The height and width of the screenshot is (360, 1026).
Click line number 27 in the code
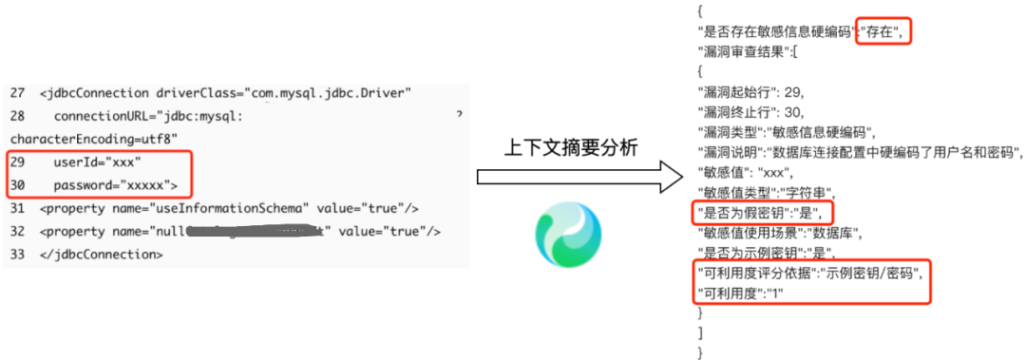click(18, 93)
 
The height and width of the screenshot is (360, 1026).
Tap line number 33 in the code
click(18, 255)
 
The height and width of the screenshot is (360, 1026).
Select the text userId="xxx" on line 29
click(97, 162)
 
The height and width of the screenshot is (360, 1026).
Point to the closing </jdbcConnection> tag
click(102, 255)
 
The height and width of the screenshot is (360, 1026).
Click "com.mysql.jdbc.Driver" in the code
click(327, 93)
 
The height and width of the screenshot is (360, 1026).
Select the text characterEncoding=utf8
click(80, 139)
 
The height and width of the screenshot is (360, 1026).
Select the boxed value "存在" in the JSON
click(883, 31)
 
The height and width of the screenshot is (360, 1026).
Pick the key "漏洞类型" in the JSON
click(729, 132)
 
